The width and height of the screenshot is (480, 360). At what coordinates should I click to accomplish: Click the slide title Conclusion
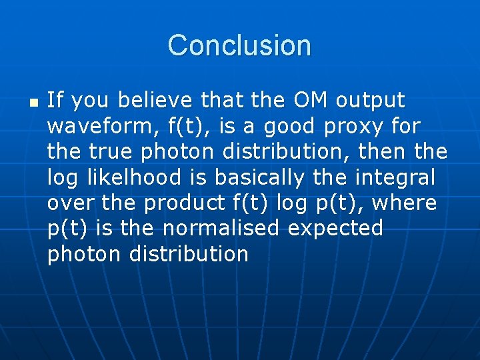pos(239,45)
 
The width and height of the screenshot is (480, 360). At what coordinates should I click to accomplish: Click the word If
pos(55,101)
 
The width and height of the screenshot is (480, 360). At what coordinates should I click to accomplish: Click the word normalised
pos(221,228)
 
